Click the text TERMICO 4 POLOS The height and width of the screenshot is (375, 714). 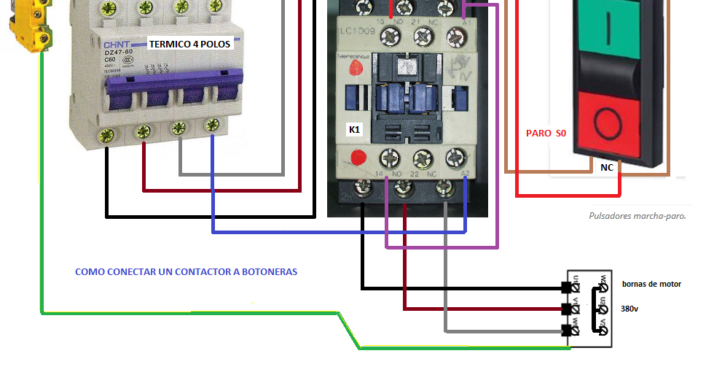(x=189, y=44)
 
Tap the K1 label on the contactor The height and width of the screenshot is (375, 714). (x=355, y=130)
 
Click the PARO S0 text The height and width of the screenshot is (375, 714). (x=546, y=134)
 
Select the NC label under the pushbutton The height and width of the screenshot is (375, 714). (x=606, y=168)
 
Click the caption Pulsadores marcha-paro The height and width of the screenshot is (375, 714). (x=637, y=216)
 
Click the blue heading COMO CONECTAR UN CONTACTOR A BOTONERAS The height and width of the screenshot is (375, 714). (x=186, y=271)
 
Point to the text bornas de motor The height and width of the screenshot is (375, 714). (x=651, y=284)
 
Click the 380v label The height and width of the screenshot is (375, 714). (x=630, y=309)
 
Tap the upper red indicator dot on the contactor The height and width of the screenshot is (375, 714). (x=356, y=69)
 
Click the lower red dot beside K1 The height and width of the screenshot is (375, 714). (x=357, y=157)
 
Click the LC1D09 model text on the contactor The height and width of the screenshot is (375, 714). (x=357, y=32)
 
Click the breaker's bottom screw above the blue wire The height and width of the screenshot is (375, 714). (x=212, y=125)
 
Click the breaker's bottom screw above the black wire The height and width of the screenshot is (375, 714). (x=107, y=134)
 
